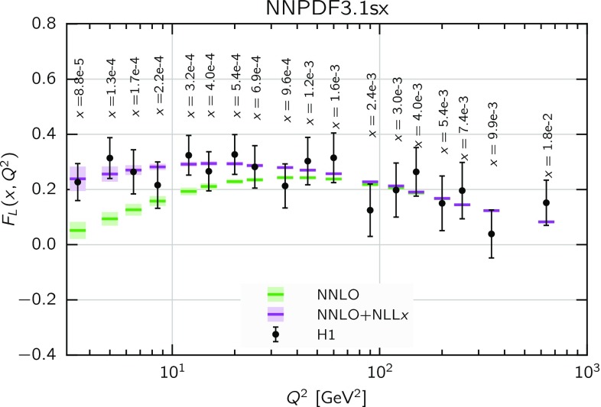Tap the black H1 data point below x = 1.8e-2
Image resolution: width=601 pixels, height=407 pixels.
point(546,203)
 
